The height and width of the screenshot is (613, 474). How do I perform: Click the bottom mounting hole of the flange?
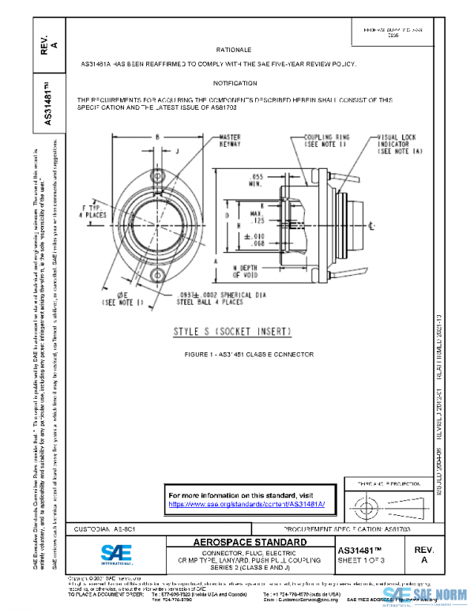pos(157,275)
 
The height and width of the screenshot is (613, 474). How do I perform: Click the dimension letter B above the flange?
pos(157,137)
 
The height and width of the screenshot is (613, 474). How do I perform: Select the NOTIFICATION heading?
pos(235,83)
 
